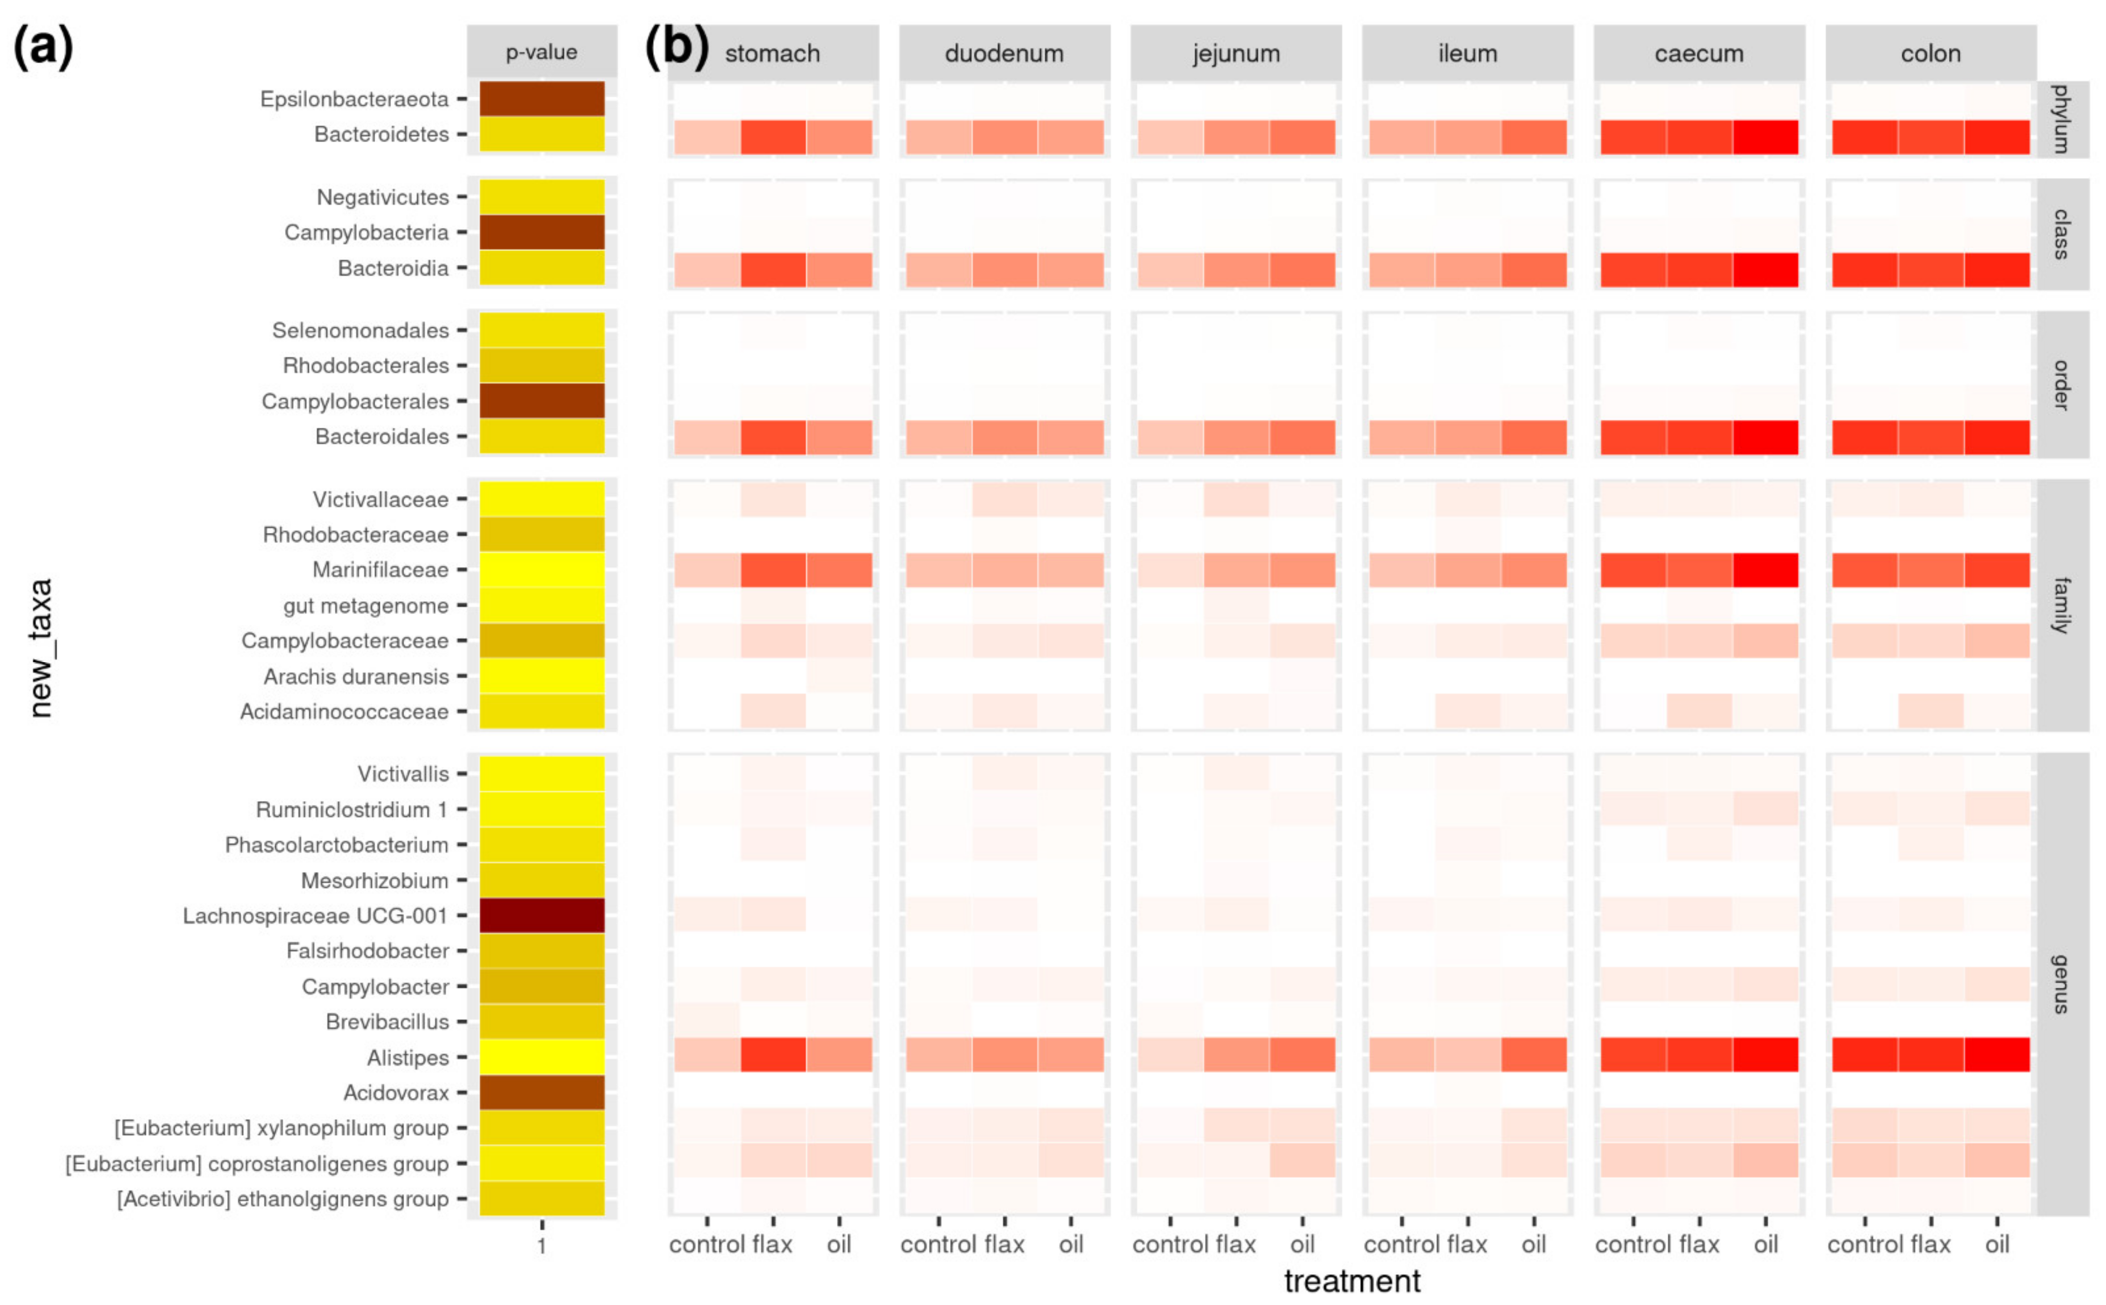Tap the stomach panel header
click(x=773, y=54)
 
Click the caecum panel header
click(x=1698, y=54)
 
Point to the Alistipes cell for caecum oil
click(x=1765, y=1055)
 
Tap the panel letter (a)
click(x=43, y=47)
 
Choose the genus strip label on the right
click(x=2061, y=984)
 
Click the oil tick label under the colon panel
click(x=1997, y=1244)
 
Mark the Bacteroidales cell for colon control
click(x=1864, y=437)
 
